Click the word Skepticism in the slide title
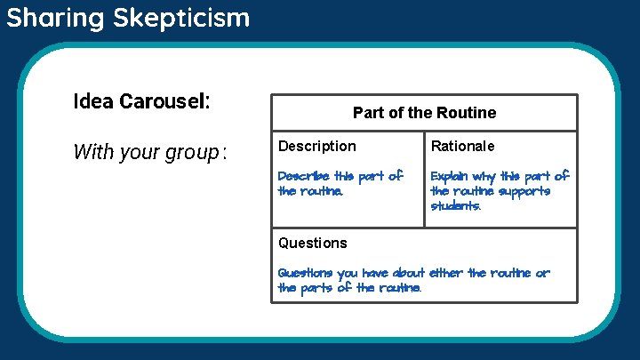pyautogui.click(x=181, y=18)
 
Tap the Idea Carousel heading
pyautogui.click(x=141, y=100)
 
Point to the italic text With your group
pyautogui.click(x=146, y=152)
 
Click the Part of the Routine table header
pyautogui.click(x=424, y=113)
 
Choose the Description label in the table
pyautogui.click(x=316, y=146)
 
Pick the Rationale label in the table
pyautogui.click(x=462, y=146)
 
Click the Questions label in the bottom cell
pyautogui.click(x=312, y=243)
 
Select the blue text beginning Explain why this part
pyautogui.click(x=499, y=190)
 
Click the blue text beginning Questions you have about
pyautogui.click(x=413, y=280)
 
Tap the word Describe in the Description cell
pyautogui.click(x=303, y=176)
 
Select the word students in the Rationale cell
pyautogui.click(x=455, y=205)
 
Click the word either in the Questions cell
pyautogui.click(x=446, y=273)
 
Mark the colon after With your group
pyautogui.click(x=226, y=153)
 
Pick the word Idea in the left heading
pyautogui.click(x=92, y=100)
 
